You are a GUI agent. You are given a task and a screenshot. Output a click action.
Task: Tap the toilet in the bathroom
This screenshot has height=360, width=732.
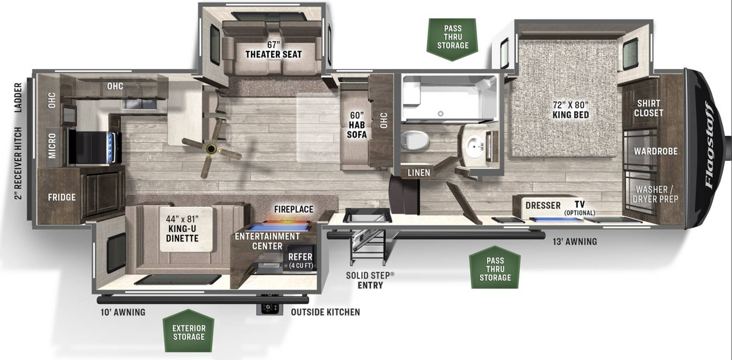pyautogui.click(x=415, y=141)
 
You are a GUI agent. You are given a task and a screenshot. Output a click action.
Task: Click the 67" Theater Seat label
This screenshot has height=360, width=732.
pyautogui.click(x=274, y=50)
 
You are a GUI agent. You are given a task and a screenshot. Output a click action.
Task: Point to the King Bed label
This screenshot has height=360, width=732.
pyautogui.click(x=571, y=110)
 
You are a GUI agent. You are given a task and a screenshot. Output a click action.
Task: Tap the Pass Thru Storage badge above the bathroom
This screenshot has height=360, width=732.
pyautogui.click(x=453, y=39)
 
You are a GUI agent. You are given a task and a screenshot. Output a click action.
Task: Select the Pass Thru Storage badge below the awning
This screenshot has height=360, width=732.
pyautogui.click(x=495, y=267)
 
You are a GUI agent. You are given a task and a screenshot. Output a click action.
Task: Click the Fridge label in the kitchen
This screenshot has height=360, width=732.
pyautogui.click(x=61, y=197)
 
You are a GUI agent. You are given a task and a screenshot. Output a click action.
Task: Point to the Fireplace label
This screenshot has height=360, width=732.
pyautogui.click(x=293, y=209)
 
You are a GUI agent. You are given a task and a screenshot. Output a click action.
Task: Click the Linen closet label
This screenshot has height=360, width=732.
pyautogui.click(x=418, y=173)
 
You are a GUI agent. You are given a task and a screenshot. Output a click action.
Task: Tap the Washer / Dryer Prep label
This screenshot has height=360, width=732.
pyautogui.click(x=655, y=194)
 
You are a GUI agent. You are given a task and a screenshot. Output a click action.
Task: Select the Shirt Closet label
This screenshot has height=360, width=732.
pyautogui.click(x=648, y=108)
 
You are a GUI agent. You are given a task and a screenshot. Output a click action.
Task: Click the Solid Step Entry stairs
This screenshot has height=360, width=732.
pyautogui.click(x=367, y=247)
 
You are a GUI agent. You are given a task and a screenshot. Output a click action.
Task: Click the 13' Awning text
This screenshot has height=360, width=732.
pyautogui.click(x=575, y=242)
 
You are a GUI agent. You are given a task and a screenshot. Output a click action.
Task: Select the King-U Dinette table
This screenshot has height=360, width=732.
pyautogui.click(x=186, y=229)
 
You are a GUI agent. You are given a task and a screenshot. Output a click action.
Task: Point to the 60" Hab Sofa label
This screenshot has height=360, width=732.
pyautogui.click(x=356, y=125)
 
